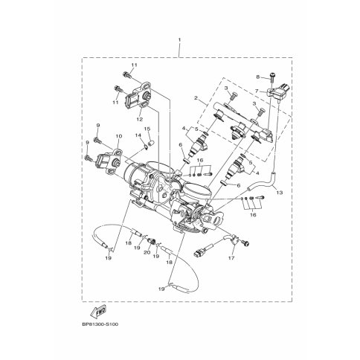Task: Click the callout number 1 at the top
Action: [x=179, y=40]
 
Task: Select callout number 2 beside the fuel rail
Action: [x=196, y=98]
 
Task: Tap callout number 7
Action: [x=257, y=91]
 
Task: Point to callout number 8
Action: [x=258, y=77]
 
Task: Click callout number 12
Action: [x=140, y=119]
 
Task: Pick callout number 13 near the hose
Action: [x=280, y=193]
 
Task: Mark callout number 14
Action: [x=138, y=135]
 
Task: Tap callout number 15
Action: [x=147, y=129]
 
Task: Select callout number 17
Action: [x=231, y=258]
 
